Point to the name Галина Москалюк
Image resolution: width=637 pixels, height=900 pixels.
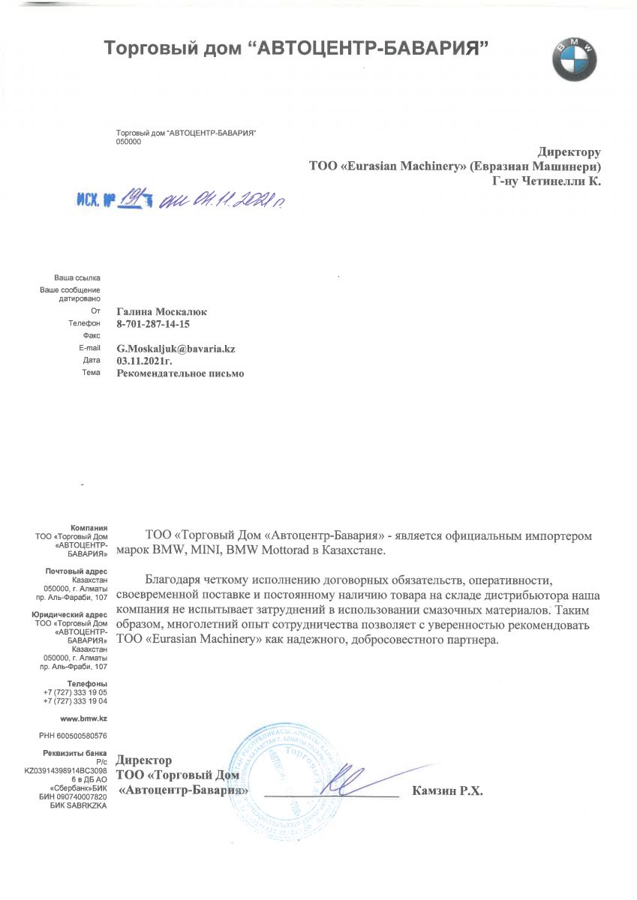(161, 311)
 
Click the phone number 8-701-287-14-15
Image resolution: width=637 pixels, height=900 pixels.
(154, 324)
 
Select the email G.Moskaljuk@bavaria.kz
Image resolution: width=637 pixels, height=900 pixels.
(181, 349)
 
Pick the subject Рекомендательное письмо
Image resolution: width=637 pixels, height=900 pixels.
(180, 373)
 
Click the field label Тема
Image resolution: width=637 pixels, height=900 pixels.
(91, 373)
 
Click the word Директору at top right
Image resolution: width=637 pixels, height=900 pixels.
(569, 152)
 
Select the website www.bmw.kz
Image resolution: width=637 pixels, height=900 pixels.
(87, 718)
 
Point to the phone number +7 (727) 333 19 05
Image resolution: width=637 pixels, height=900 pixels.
(75, 692)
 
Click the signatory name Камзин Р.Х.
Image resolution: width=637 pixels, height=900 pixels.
(447, 790)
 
